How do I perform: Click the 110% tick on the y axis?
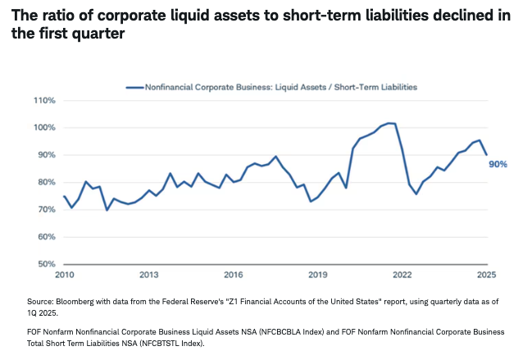tap(43, 101)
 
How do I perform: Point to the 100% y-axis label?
tap(43, 128)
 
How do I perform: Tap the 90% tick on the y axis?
tap(45, 155)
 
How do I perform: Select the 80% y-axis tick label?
tap(45, 182)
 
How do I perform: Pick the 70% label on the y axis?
tap(45, 210)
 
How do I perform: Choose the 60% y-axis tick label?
tap(45, 237)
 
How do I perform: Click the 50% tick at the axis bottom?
tap(45, 264)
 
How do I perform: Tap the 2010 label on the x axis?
tap(64, 276)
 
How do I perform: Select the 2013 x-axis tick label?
tap(148, 276)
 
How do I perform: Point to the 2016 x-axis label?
tap(234, 276)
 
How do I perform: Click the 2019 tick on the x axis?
tap(318, 276)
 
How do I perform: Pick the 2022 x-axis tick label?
tap(402, 276)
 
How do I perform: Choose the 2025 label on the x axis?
tap(487, 276)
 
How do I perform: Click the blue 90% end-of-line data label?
tap(498, 164)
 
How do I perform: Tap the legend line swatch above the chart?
tap(134, 86)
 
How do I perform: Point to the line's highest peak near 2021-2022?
tap(389, 123)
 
